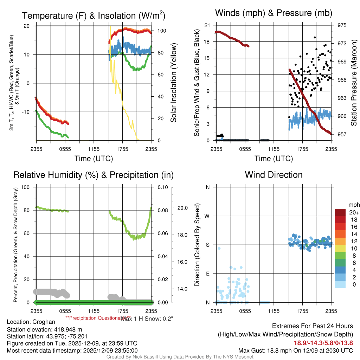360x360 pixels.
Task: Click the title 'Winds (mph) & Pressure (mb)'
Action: coord(274,13)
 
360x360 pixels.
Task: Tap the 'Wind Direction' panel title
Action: coord(274,175)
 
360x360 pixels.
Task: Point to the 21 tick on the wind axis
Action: coord(207,25)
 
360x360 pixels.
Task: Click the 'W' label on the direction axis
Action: coord(207,216)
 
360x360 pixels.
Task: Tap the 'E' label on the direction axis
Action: coord(207,274)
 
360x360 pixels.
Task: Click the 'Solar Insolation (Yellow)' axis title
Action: coord(173,83)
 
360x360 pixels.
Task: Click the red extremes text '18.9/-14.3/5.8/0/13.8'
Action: coord(323,343)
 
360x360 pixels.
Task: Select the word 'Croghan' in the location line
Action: coord(44,322)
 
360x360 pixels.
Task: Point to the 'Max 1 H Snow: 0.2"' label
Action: coord(147,318)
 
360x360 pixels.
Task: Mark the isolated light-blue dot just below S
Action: coord(219,249)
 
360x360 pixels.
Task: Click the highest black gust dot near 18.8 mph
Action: coord(315,37)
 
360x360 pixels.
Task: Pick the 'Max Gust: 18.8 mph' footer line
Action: coord(296,350)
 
